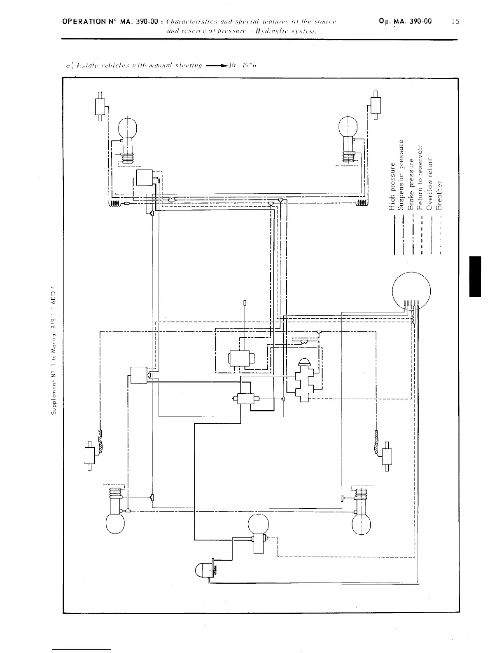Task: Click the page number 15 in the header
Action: coord(455,22)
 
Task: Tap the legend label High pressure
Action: coord(392,186)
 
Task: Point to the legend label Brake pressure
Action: coord(411,186)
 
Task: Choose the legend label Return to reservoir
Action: coord(420,178)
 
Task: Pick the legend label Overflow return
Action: coord(429,184)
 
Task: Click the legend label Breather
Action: coord(439,195)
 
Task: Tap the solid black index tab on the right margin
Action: coord(475,276)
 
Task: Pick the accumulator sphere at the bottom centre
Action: coord(258,524)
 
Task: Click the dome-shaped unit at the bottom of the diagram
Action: coord(205,570)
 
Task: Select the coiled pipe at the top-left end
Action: coord(114,204)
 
